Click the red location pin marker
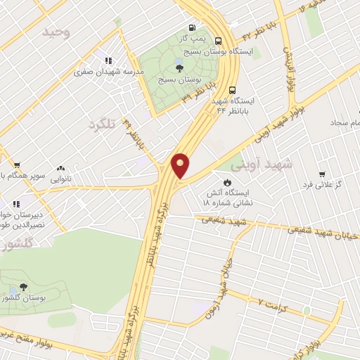(181, 165)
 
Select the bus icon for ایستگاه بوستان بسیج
(218, 41)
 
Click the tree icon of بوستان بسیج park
(180, 68)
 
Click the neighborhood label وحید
(56, 32)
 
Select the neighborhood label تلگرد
(101, 124)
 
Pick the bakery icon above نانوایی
(60, 169)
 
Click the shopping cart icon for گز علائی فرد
(322, 174)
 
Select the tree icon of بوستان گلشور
(23, 287)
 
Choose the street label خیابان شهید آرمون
(222, 284)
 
